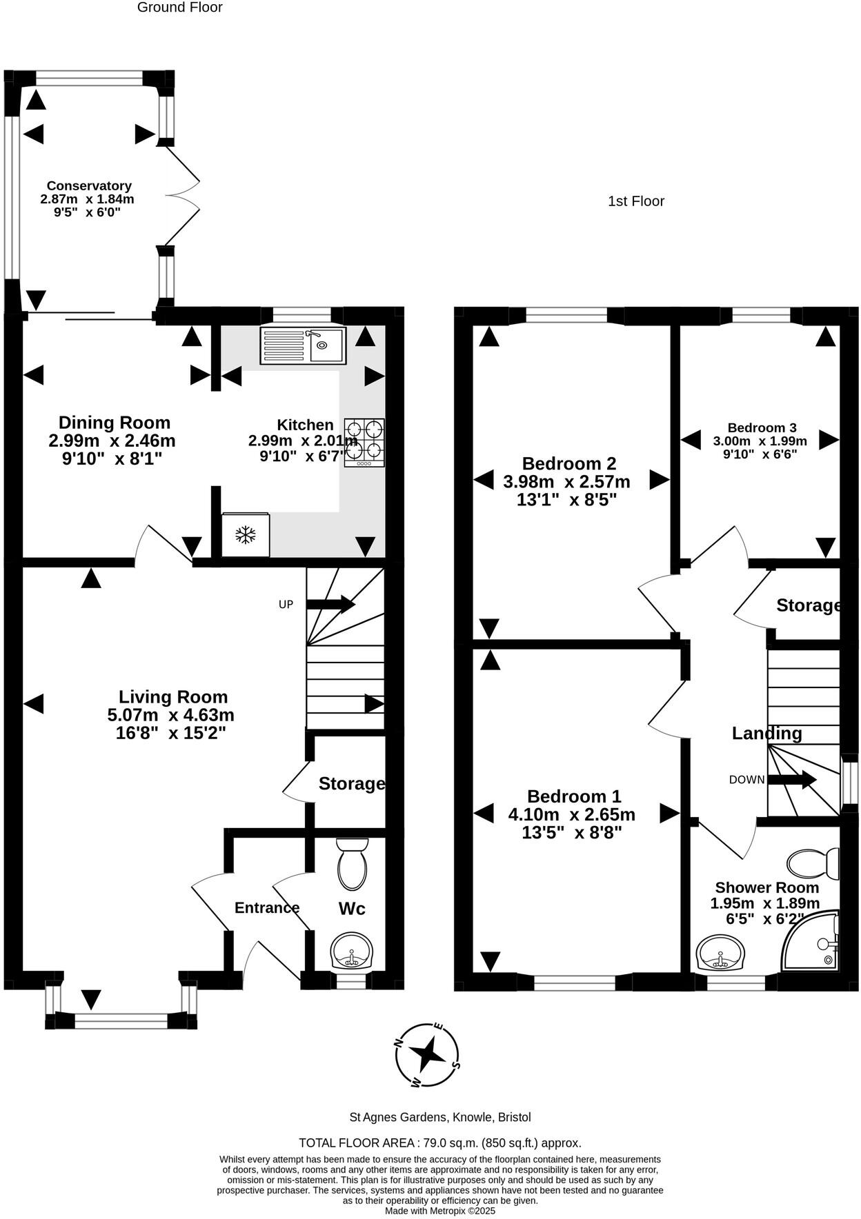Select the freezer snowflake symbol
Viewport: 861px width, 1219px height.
(246, 534)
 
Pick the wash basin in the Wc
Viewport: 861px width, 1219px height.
(352, 952)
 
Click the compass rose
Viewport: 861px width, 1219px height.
(428, 1054)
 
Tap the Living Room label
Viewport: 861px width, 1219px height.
(172, 697)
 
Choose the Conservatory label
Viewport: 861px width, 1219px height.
(89, 186)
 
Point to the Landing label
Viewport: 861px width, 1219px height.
(766, 734)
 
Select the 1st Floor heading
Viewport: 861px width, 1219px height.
(635, 201)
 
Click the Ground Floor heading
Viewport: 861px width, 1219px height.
(179, 8)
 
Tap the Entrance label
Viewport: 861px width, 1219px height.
(267, 908)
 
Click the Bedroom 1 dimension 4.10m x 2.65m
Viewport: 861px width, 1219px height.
(571, 814)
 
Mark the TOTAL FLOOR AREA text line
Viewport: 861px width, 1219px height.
(439, 1142)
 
